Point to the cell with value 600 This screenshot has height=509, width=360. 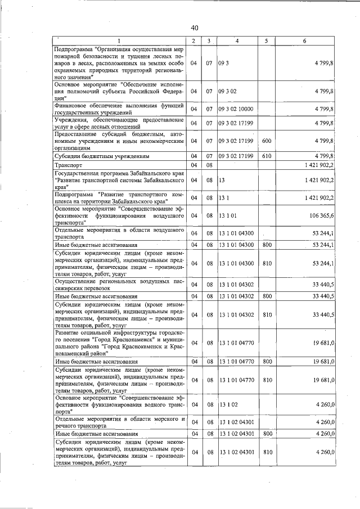267,141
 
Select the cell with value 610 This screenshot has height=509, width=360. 267,155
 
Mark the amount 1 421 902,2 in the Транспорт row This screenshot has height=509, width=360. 313,165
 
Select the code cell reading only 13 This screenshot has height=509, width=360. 222,180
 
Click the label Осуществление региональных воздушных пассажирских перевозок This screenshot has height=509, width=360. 119,285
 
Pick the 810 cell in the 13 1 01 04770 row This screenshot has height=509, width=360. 267,381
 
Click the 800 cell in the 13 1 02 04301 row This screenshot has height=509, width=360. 267,434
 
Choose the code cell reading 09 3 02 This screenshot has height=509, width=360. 228,91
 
